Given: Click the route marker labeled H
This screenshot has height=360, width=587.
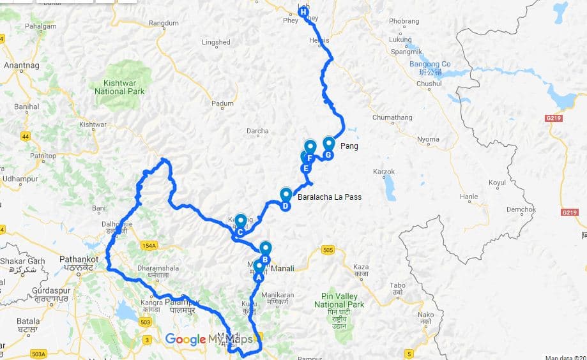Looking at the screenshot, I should point(303,11).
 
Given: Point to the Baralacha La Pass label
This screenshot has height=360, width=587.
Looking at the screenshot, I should point(330,197).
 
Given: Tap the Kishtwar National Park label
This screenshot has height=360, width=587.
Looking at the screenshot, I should point(119,87).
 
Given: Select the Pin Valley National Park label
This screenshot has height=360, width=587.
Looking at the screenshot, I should point(339,305).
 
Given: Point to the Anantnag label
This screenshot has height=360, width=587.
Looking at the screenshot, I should point(22,65).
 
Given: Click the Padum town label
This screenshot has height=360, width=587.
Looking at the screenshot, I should point(223,103).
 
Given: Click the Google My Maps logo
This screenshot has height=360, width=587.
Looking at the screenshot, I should point(210,339).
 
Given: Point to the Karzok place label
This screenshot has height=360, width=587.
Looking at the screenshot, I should point(384,172).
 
